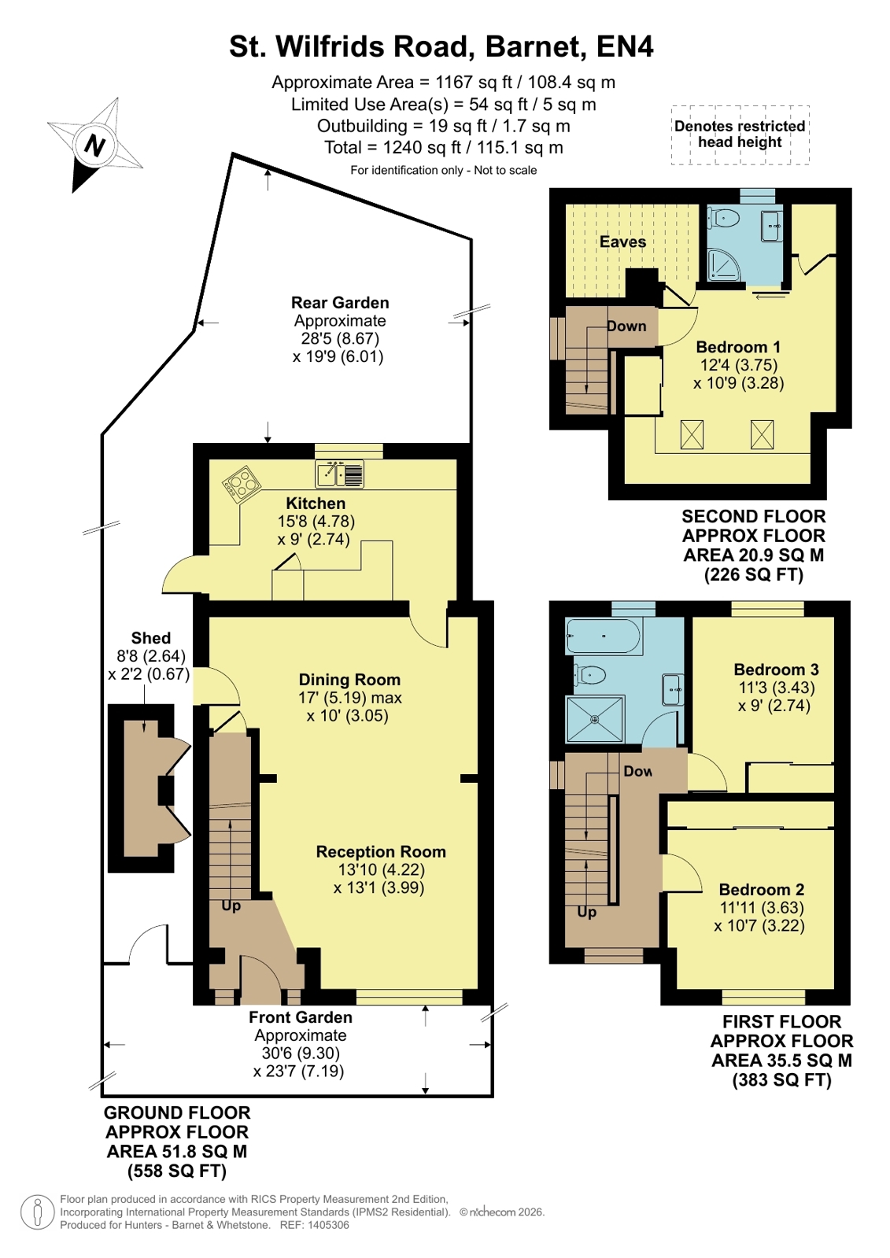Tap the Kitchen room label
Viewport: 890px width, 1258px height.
316,504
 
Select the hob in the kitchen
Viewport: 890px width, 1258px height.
242,482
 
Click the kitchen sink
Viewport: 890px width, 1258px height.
339,474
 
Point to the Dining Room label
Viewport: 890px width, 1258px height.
349,680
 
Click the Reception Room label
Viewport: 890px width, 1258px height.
381,851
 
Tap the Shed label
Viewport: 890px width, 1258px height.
150,638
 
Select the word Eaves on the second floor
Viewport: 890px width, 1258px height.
622,242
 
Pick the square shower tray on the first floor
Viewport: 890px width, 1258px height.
595,719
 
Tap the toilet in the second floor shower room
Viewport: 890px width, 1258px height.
724,217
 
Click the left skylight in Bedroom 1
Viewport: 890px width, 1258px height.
692,435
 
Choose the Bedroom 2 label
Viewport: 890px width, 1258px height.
761,890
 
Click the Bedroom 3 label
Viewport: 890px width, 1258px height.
776,670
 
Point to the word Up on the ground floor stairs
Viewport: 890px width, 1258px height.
231,906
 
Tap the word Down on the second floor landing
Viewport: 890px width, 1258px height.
626,326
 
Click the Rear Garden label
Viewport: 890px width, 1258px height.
340,303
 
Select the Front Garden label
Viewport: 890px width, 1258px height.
301,1017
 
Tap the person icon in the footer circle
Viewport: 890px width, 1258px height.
38,1212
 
